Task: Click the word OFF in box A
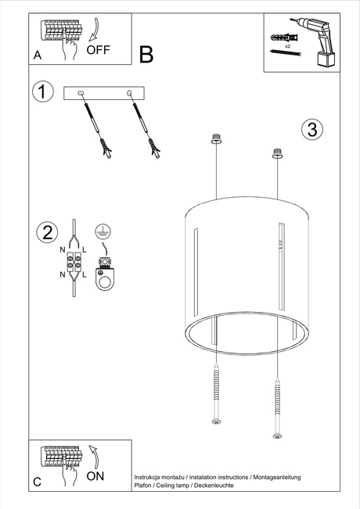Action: coord(99,50)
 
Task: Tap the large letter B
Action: coord(146,54)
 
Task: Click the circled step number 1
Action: coord(43,91)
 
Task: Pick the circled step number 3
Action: coord(311,130)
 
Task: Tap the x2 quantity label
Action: coord(288,47)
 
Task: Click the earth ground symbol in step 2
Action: coord(100,231)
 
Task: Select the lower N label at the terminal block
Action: coord(63,275)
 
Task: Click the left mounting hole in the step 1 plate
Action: coord(83,93)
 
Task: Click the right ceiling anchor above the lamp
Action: coord(275,152)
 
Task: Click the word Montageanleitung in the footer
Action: coord(275,476)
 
